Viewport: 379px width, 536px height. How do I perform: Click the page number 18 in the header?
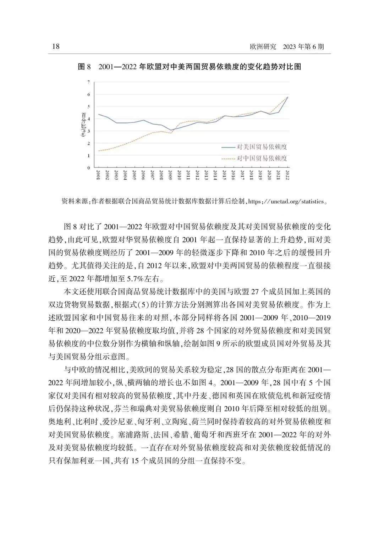[x=56, y=46]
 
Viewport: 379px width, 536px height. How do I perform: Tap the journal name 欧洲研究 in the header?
[x=263, y=47]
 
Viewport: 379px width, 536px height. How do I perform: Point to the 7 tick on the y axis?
[x=88, y=82]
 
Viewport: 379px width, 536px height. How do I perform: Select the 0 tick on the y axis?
[x=88, y=168]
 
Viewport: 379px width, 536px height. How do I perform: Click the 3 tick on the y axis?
[x=88, y=131]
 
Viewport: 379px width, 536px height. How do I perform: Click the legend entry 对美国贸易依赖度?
[x=262, y=147]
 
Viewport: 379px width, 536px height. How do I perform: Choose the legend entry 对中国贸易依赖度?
[x=262, y=158]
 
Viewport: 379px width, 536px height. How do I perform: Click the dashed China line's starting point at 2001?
[x=98, y=151]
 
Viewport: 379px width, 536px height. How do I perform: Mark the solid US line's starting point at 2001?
[x=98, y=114]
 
